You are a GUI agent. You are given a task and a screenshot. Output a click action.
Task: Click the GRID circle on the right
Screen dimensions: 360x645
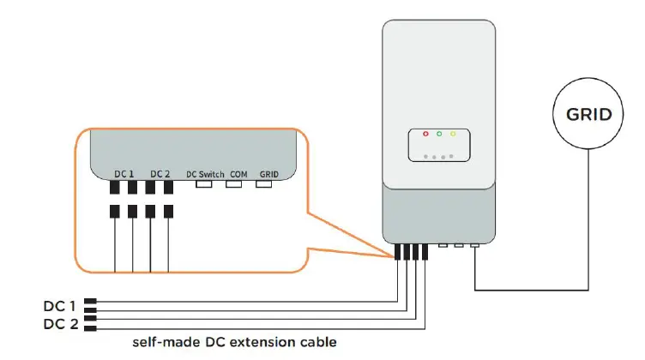tap(588, 114)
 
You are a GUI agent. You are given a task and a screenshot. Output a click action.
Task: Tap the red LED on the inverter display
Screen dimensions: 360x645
tap(425, 135)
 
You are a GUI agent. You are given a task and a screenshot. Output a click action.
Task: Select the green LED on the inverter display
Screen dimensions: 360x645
tap(438, 135)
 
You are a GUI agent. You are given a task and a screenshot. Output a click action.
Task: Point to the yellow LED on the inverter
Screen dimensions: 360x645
tap(452, 135)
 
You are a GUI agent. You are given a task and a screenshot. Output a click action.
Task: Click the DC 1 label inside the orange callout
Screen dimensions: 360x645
tap(124, 174)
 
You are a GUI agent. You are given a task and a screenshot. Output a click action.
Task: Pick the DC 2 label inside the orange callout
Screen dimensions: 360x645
tap(160, 174)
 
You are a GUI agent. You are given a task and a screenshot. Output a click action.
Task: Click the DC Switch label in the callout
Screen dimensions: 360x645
tap(205, 174)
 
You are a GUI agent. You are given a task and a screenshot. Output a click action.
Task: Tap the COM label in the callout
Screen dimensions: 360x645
tap(239, 174)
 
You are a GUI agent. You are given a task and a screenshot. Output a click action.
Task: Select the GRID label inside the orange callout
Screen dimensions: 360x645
tap(270, 174)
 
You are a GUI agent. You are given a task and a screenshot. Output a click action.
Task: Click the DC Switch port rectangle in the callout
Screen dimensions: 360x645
tap(205, 183)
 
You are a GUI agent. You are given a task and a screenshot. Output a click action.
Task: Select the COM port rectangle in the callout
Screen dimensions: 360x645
tap(236, 183)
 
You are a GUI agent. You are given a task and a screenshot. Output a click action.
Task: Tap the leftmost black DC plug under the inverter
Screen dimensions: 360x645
tap(398, 252)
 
